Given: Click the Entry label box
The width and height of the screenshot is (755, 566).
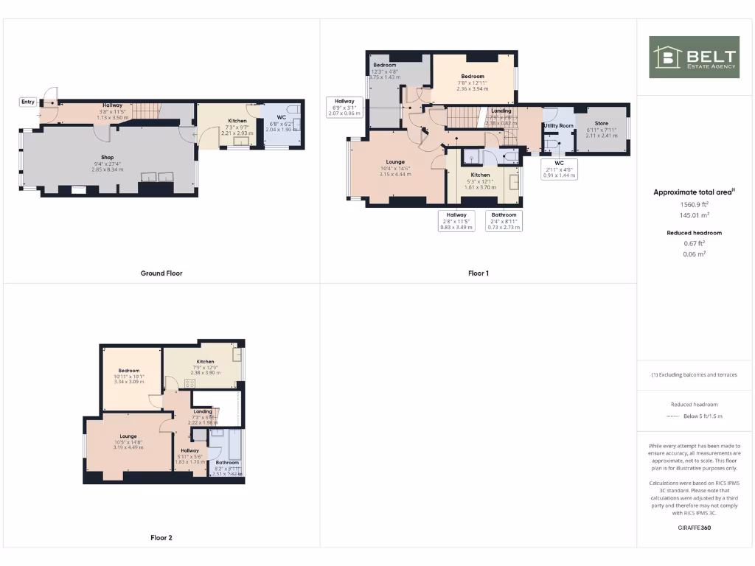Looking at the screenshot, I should (28, 102).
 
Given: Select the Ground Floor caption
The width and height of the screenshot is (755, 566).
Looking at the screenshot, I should (161, 273).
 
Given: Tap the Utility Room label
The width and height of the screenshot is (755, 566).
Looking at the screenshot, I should (558, 126).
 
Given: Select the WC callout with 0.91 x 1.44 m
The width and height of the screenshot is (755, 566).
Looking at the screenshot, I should (559, 169).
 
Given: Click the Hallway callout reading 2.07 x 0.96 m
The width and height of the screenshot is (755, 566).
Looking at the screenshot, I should (344, 107).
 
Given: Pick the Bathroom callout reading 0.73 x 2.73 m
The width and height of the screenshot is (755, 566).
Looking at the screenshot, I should (504, 221).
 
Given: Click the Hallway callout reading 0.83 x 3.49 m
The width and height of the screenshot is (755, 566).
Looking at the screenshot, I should (455, 221).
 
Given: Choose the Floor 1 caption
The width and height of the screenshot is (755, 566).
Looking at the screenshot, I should (479, 273).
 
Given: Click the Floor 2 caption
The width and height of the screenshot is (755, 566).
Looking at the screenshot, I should (161, 538).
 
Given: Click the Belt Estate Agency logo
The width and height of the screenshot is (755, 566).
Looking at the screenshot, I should (694, 57).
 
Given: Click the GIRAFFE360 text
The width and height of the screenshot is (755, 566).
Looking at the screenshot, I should (694, 528).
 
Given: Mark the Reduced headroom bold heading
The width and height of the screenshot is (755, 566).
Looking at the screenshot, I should (694, 233).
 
